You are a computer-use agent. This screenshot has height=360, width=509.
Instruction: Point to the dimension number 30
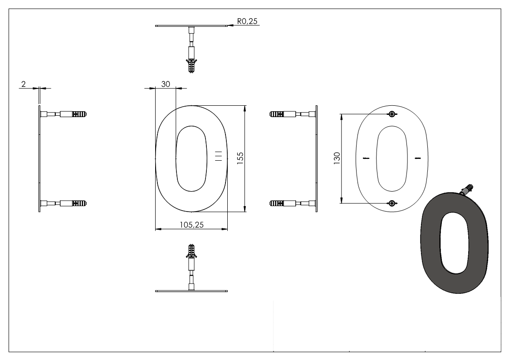165,84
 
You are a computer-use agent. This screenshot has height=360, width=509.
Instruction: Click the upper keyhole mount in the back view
392,114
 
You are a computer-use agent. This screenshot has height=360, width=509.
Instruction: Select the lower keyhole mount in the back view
392,202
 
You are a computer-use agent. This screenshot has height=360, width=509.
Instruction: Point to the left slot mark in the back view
367,158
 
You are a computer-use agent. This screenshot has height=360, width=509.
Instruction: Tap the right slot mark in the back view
418,158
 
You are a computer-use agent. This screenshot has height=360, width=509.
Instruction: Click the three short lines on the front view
219,155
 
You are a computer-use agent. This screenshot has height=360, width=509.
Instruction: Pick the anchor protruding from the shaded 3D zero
467,188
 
